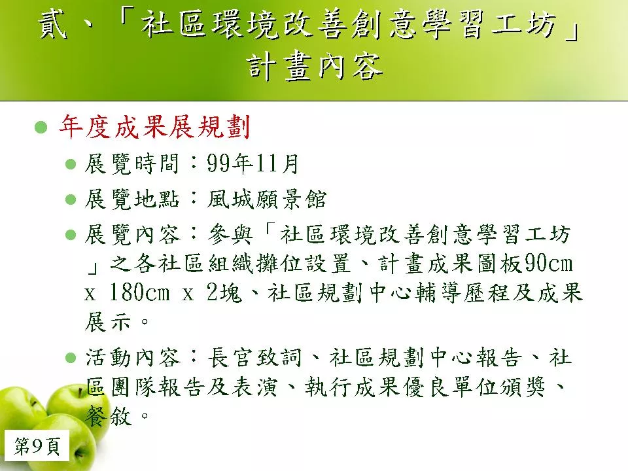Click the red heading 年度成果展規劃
click(x=154, y=127)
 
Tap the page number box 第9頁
click(x=37, y=446)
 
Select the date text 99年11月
click(x=253, y=164)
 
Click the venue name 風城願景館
click(x=267, y=199)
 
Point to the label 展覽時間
click(x=131, y=164)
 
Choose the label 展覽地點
click(x=131, y=199)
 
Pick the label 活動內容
click(x=133, y=357)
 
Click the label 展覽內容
click(x=133, y=234)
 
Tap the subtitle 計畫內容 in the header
click(x=315, y=67)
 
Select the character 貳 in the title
click(x=52, y=25)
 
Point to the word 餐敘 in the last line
click(x=108, y=417)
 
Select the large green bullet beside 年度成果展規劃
click(x=41, y=128)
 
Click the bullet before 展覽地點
click(x=71, y=199)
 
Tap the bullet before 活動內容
click(x=71, y=358)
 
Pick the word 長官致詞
click(x=254, y=357)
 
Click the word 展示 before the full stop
click(x=108, y=322)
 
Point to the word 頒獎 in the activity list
click(x=522, y=387)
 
